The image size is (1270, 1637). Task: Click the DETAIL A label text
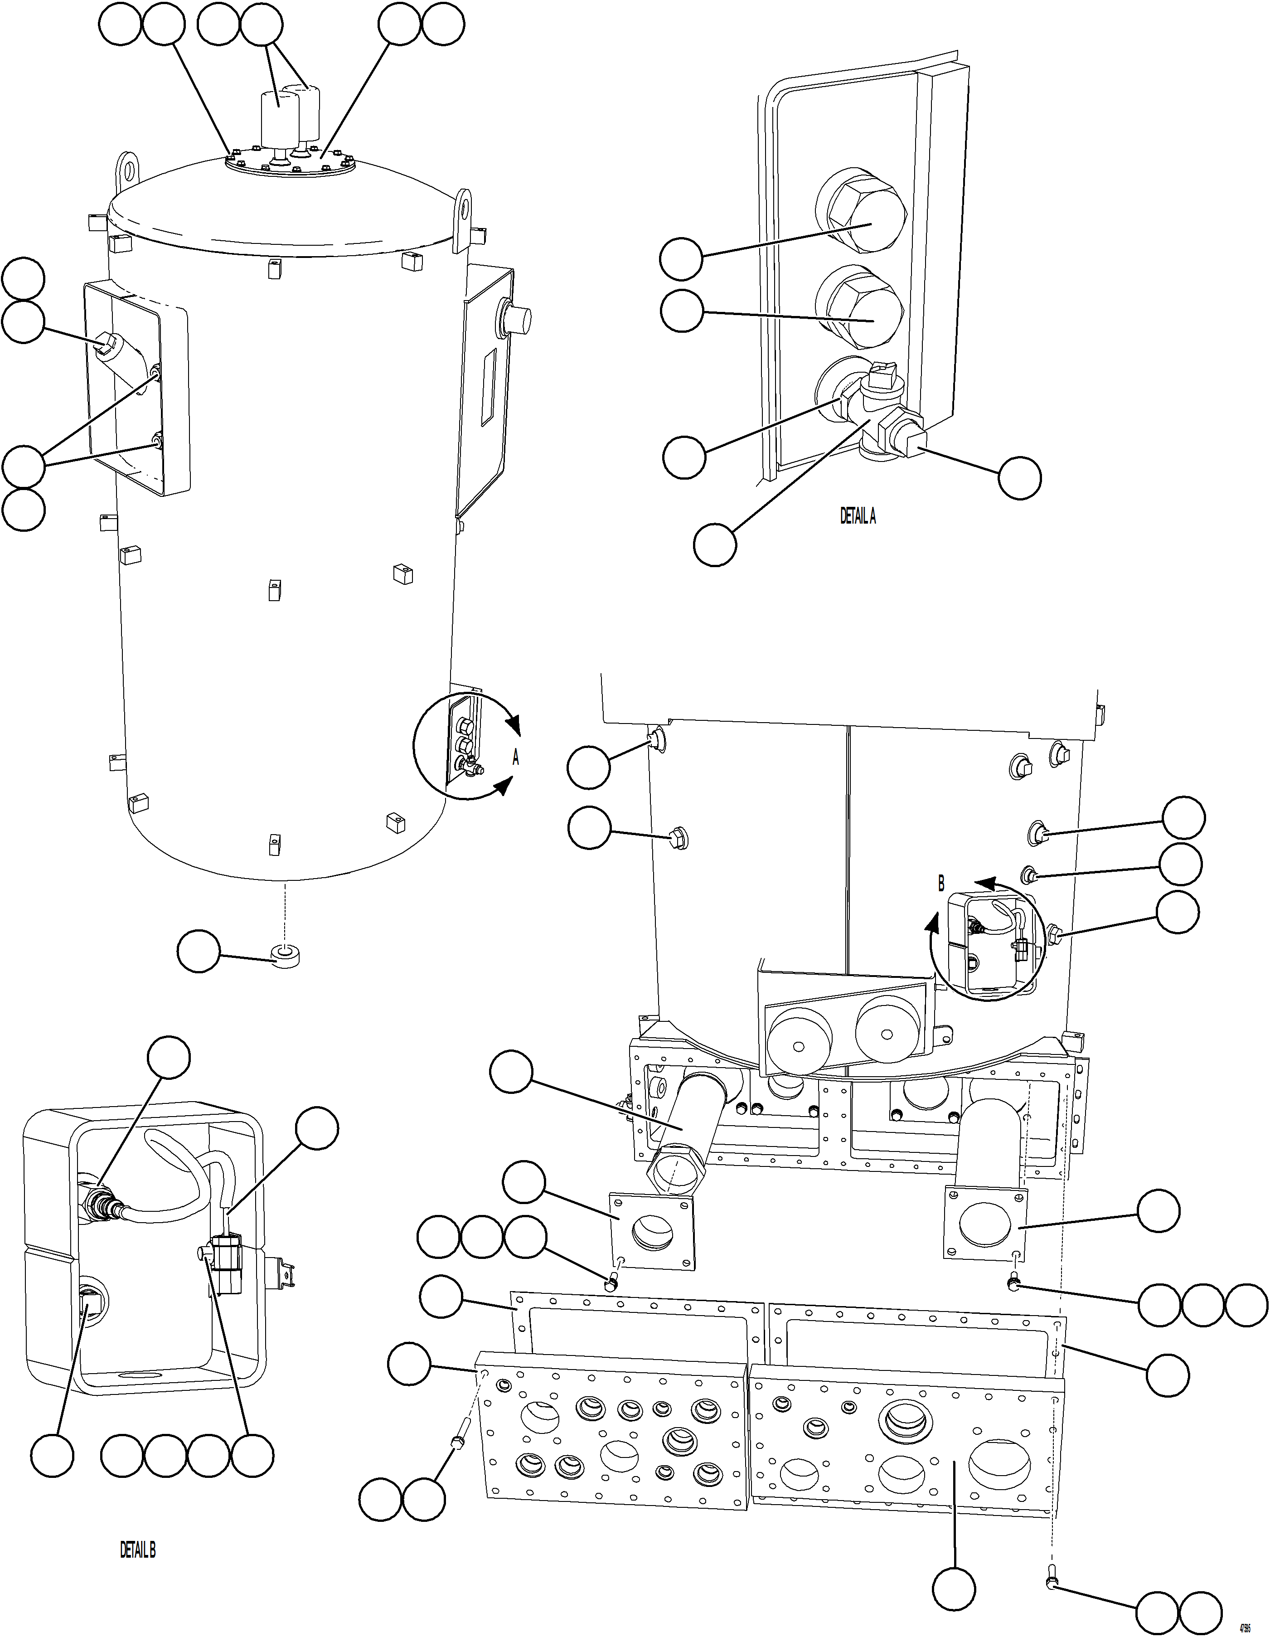[857, 516]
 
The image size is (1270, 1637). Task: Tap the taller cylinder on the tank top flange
[279, 120]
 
